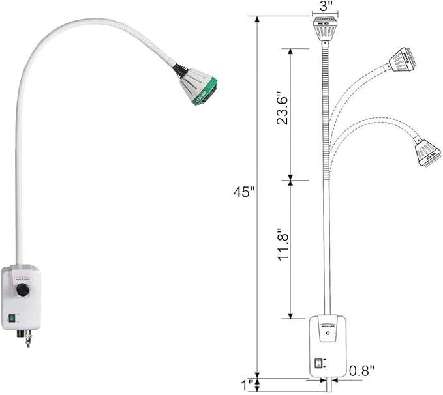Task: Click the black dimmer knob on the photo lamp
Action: pyautogui.click(x=23, y=291)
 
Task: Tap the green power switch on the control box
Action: pyautogui.click(x=12, y=319)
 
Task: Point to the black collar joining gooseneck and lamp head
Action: pyautogui.click(x=181, y=70)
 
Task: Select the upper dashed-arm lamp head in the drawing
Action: pyautogui.click(x=402, y=60)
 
